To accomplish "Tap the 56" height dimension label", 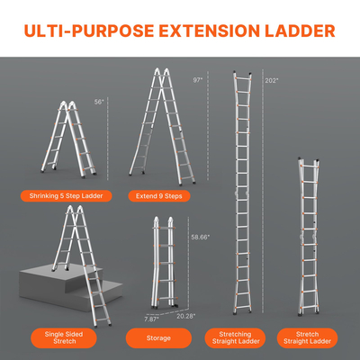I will point(100,102).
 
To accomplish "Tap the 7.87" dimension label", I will point(152,318).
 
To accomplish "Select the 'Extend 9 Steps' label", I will point(164,194).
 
